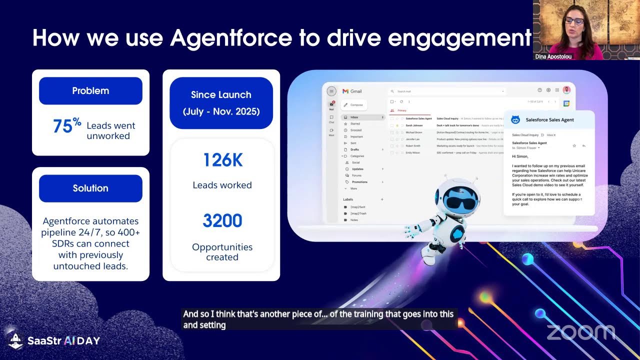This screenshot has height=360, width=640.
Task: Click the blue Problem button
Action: (x=90, y=91)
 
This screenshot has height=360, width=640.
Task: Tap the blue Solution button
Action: (x=90, y=188)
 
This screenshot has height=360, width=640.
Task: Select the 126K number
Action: (x=222, y=160)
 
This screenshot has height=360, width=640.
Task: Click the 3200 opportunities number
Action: (x=222, y=220)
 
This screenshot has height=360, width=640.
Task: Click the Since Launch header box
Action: (x=221, y=102)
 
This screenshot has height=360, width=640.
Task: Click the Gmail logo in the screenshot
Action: (x=352, y=91)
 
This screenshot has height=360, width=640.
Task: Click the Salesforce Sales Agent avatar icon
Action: (x=515, y=120)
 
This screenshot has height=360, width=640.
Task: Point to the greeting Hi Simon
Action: (x=520, y=156)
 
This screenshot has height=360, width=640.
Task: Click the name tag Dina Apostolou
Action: (x=553, y=56)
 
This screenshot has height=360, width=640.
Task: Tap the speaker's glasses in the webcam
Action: (x=573, y=21)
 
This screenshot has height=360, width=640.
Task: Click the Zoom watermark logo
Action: (x=580, y=332)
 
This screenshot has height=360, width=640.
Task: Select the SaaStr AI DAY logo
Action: (x=54, y=340)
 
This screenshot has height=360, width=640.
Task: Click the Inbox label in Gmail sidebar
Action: (x=354, y=117)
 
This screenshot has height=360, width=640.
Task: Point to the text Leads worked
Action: (x=222, y=185)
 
